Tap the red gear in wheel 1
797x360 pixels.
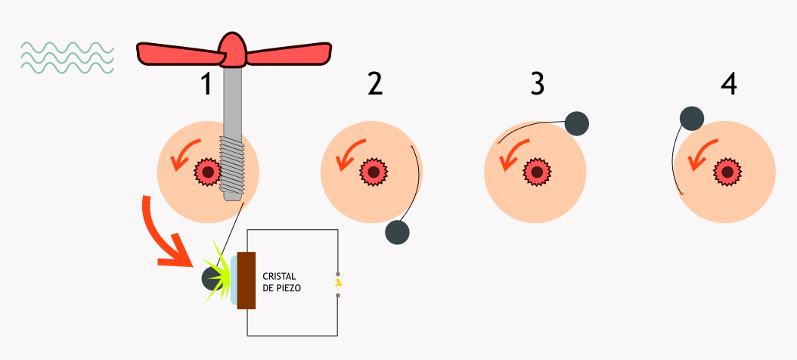(206, 172)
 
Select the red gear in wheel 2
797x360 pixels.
(372, 172)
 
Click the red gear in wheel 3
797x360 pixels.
(537, 172)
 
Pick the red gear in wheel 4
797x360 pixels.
(727, 172)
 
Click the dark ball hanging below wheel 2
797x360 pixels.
(397, 232)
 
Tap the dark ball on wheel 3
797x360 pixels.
(576, 123)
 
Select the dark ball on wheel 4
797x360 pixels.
(692, 118)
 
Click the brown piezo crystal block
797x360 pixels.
(247, 280)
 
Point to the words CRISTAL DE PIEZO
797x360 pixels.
(282, 281)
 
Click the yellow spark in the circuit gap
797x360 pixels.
(338, 284)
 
